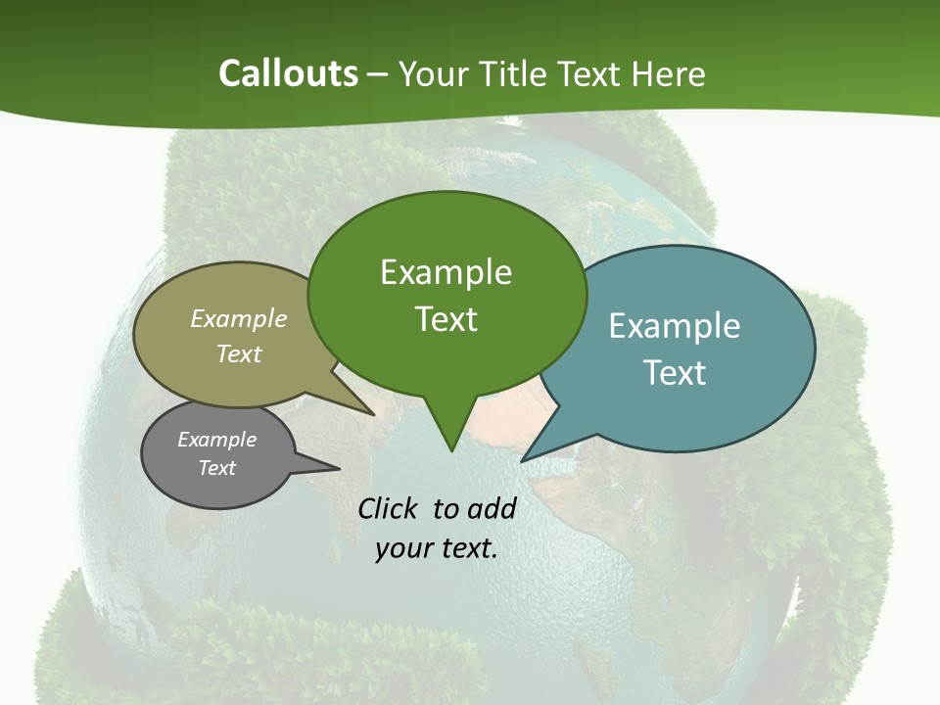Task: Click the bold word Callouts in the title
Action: [288, 73]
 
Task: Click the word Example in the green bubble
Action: [446, 272]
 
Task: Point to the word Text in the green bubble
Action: [446, 318]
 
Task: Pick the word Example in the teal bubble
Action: [675, 326]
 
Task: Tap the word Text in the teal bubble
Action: [675, 372]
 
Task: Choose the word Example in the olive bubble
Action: [239, 318]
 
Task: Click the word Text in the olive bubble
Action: [239, 353]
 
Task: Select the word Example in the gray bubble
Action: [217, 440]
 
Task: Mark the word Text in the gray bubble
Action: [217, 468]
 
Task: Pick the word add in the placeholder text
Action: [492, 508]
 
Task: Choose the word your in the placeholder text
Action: [401, 548]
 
